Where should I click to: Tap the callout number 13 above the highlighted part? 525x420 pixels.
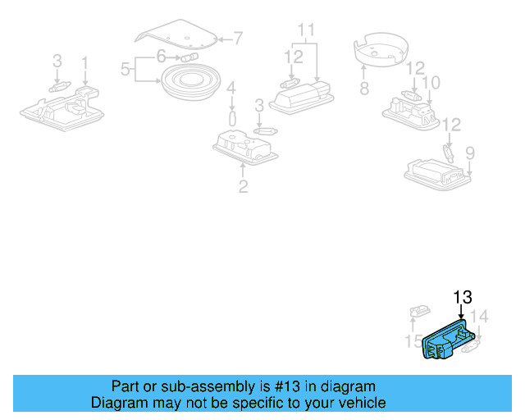point(463,297)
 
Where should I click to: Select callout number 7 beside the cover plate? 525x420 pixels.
point(238,38)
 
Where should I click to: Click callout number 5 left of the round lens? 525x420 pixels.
point(126,70)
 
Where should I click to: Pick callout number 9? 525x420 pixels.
point(470,153)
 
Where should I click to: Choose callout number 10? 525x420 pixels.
point(431,83)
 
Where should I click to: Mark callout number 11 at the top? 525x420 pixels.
point(306,30)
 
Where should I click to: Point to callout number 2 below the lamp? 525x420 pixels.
point(243,187)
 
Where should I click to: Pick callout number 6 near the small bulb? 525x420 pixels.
point(162,56)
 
